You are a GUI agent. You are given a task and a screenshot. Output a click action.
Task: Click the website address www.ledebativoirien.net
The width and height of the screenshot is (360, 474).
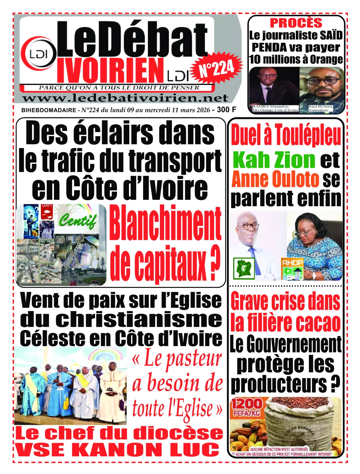tap(125, 98)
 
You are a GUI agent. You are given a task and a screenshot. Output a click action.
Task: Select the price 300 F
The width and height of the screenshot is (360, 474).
tap(226, 110)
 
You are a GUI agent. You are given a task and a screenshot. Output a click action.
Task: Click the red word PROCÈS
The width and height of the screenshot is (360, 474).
tap(296, 23)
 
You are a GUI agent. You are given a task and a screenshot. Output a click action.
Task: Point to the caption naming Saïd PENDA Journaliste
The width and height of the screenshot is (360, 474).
tap(320, 108)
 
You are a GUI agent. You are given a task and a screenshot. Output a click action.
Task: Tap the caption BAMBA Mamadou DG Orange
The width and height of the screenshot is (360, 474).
tap(275, 108)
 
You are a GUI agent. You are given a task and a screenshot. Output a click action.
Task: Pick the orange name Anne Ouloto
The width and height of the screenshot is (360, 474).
tap(275, 179)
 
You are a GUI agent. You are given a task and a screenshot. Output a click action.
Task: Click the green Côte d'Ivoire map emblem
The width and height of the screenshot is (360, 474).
tap(244, 268)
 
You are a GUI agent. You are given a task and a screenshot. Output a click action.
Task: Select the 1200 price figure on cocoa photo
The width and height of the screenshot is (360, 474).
tap(247, 404)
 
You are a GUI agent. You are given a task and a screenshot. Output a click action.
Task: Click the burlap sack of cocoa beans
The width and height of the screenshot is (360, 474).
tap(300, 423)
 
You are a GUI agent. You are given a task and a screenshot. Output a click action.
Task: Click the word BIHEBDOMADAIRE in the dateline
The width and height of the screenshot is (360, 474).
tap(49, 110)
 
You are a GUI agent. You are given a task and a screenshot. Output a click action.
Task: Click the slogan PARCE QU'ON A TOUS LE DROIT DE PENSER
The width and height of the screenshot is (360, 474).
tap(119, 88)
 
